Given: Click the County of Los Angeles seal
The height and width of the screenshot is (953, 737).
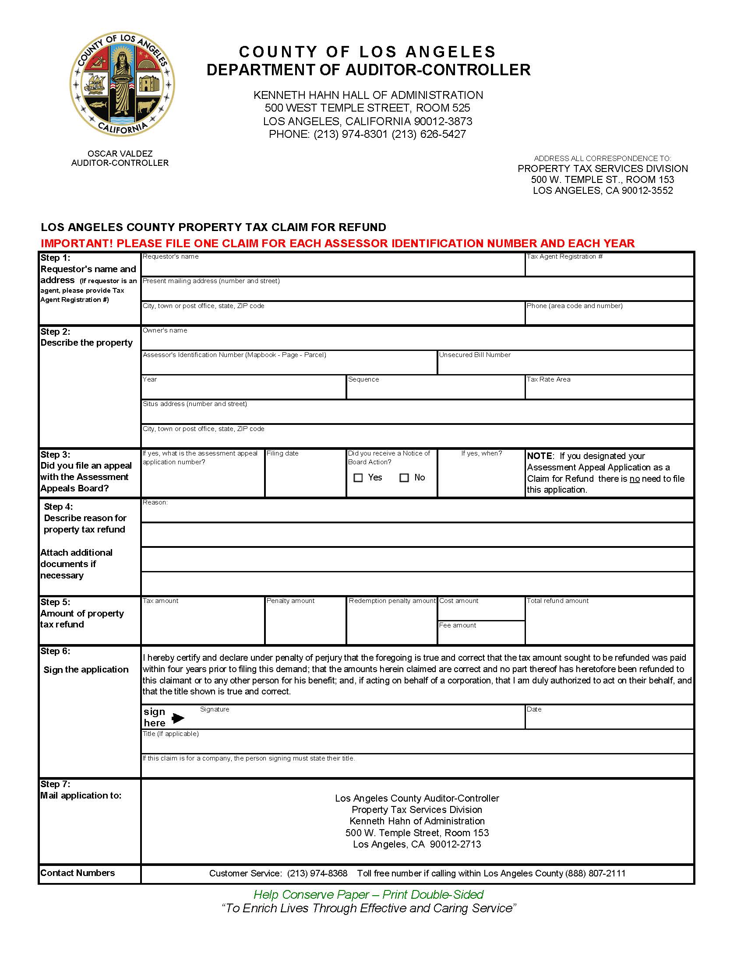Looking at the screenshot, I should point(122,84).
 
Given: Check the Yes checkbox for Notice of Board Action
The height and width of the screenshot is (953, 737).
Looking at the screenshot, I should point(358,478).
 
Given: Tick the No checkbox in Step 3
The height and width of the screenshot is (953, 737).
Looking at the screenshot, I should point(404,478).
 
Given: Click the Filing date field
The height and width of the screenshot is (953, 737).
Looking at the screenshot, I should point(305,477).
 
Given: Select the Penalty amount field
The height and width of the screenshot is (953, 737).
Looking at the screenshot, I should point(305,624).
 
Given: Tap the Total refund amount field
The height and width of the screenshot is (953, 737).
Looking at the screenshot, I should point(609,624).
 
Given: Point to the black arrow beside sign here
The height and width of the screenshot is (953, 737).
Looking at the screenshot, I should point(178,718).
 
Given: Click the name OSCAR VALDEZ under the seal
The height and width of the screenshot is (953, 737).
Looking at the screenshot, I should point(120,154).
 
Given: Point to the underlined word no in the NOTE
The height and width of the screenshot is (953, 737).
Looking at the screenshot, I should point(635,479).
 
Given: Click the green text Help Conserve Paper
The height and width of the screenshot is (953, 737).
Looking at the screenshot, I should point(311,894).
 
